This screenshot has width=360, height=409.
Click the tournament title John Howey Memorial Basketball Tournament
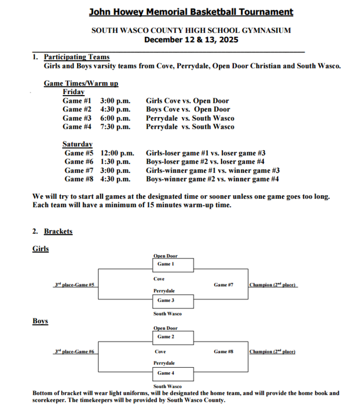point(191,12)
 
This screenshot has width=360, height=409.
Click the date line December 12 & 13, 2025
point(191,40)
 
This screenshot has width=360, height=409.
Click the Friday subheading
point(74,92)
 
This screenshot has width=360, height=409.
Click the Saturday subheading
point(78,144)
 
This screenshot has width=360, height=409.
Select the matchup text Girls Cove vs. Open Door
point(187,101)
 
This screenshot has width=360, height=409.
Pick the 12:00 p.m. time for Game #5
point(117,153)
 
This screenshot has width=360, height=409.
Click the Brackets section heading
point(58,231)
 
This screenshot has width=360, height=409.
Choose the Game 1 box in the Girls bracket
point(173,265)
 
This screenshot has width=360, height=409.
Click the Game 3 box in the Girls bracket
point(173,301)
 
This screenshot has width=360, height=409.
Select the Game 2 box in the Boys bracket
point(173,337)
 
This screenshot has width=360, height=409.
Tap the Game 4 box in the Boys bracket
point(173,374)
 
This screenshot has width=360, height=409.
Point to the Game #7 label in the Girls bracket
point(224,285)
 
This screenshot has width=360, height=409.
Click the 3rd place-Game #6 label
point(75,352)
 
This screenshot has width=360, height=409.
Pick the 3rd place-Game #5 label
point(75,285)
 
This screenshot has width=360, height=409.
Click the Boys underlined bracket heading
point(40,321)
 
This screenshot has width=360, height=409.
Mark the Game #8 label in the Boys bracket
point(224,352)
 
